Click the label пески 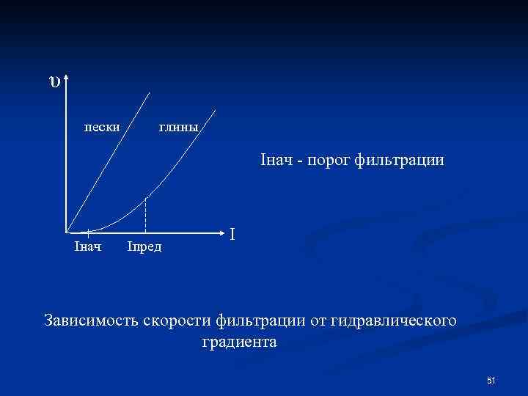(x=103, y=127)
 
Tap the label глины (x=178, y=127)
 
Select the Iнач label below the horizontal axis (x=88, y=245)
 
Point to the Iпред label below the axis (x=144, y=245)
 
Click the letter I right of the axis (x=232, y=234)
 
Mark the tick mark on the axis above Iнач (x=89, y=232)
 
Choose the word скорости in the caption (x=181, y=320)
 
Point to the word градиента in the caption (x=238, y=342)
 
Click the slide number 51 (x=491, y=380)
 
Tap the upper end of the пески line (x=150, y=92)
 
